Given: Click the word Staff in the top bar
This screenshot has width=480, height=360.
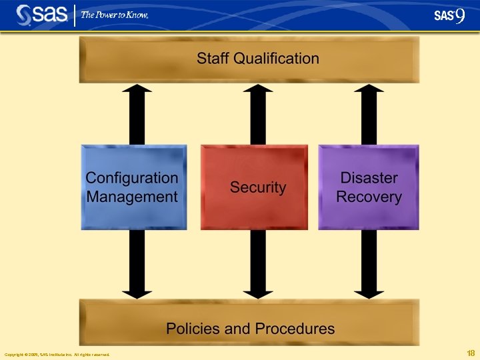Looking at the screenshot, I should point(212,58).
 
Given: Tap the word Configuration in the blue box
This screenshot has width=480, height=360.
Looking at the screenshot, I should point(132,178).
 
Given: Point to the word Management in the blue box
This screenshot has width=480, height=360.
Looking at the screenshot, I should point(132,197).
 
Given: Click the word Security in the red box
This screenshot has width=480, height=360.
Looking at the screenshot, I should point(258,187).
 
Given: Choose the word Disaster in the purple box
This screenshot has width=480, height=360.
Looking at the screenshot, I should point(369,178).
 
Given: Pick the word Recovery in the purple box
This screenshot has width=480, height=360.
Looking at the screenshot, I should point(369,197).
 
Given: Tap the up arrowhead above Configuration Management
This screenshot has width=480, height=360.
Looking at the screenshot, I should point(137,91).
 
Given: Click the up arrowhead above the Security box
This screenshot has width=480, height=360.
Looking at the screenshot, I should point(258,91).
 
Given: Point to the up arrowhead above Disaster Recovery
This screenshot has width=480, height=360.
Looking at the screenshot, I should point(370,91).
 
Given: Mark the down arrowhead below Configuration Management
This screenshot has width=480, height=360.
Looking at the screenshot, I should point(137,291).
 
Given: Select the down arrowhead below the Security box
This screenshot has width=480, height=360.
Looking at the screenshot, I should point(258,291).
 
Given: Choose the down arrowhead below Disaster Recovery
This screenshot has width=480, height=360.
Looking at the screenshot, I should point(370,291).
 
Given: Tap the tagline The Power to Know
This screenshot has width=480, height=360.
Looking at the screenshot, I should point(114,15).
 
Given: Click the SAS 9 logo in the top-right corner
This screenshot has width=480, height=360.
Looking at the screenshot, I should point(449,15).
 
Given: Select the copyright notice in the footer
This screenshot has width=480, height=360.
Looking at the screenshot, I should point(57,354).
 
